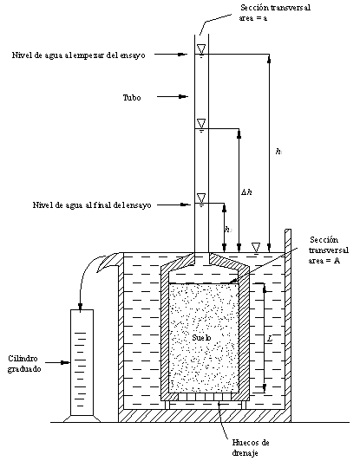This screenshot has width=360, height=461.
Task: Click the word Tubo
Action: pyautogui.click(x=132, y=97)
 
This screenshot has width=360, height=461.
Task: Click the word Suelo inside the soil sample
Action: pyautogui.click(x=201, y=337)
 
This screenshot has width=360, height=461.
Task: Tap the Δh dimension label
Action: pyautogui.click(x=246, y=192)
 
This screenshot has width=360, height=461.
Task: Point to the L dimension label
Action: pyautogui.click(x=270, y=339)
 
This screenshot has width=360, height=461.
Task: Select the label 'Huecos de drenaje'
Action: pyautogui.click(x=251, y=447)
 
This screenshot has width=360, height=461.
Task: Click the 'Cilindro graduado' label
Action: pyautogui.click(x=24, y=364)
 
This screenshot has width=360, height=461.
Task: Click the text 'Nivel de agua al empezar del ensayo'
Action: pyautogui.click(x=79, y=55)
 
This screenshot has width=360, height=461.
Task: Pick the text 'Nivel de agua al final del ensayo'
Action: pyautogui.click(x=92, y=205)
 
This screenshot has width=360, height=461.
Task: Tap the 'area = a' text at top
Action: pyautogui.click(x=252, y=18)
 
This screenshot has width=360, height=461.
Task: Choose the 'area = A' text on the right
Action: pyautogui.click(x=324, y=261)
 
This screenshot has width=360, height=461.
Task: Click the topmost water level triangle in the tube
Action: pyautogui.click(x=201, y=49)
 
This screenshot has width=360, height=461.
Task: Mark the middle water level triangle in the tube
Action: pyautogui.click(x=201, y=123)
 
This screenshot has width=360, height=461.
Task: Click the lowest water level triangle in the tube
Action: pyautogui.click(x=201, y=198)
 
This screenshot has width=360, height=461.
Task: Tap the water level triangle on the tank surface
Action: pyautogui.click(x=256, y=247)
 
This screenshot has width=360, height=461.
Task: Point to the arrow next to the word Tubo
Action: pyautogui.click(x=173, y=96)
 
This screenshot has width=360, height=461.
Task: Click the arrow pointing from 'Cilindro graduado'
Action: pyautogui.click(x=58, y=363)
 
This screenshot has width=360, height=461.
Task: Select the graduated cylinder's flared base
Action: pyautogui.click(x=82, y=419)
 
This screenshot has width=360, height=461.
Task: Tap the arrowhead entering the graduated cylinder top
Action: pyautogui.click(x=81, y=307)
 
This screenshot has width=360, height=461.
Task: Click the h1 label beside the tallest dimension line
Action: pyautogui.click(x=278, y=152)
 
